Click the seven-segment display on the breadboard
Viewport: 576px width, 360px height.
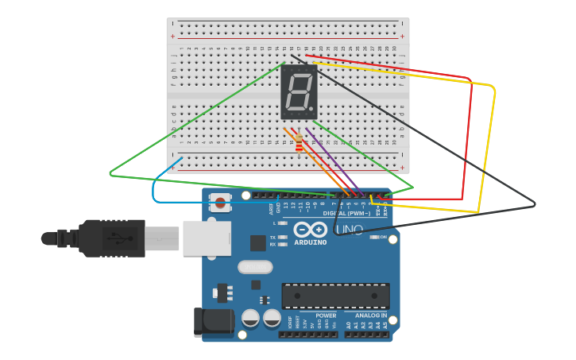point(299,91)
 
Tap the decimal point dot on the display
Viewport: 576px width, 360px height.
point(311,109)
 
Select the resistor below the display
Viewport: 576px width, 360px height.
point(299,144)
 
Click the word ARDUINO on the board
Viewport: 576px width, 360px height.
point(310,242)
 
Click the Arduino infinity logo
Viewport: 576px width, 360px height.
point(310,230)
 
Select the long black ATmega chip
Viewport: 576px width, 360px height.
point(335,296)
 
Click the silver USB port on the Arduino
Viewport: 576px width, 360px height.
point(207,238)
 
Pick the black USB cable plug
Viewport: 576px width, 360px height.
point(111,238)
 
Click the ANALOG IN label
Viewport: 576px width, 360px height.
point(371,315)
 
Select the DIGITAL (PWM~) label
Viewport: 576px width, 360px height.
point(347,213)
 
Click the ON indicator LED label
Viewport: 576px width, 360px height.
point(383,237)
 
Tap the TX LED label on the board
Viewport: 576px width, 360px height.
point(273,237)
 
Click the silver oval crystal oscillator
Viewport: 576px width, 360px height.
point(255,267)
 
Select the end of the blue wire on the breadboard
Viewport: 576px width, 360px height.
point(181,158)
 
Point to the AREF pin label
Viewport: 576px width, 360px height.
point(271,208)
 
